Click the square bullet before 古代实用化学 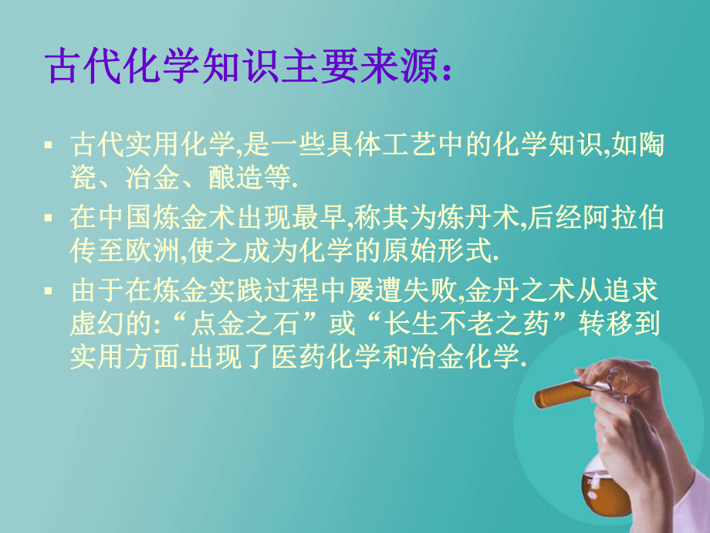pos(49,144)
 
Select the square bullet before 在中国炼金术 pos(49,218)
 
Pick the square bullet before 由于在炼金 pos(49,291)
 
